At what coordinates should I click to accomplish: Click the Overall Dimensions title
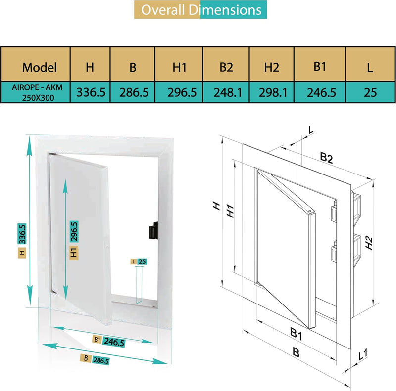pos(201,10)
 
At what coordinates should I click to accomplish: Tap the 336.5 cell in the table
pos(90,92)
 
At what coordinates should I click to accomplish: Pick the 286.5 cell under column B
pos(133,92)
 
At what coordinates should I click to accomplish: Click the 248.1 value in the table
pos(227,92)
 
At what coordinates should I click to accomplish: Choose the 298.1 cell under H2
pos(272,92)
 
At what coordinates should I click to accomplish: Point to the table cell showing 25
pos(370,92)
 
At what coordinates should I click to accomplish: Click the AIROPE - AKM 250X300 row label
pos(35,92)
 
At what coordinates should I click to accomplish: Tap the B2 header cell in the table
pos(226,67)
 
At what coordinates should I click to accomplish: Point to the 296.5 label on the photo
pos(74,230)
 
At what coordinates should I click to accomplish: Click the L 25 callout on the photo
pos(139,261)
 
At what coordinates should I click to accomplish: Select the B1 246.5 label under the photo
pos(109,340)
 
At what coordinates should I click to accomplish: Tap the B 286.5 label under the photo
pos(96,360)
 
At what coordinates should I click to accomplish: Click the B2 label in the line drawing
pos(326,158)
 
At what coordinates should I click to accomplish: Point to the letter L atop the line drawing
pos(310,130)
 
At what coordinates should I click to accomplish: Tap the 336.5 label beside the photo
pos(22,234)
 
